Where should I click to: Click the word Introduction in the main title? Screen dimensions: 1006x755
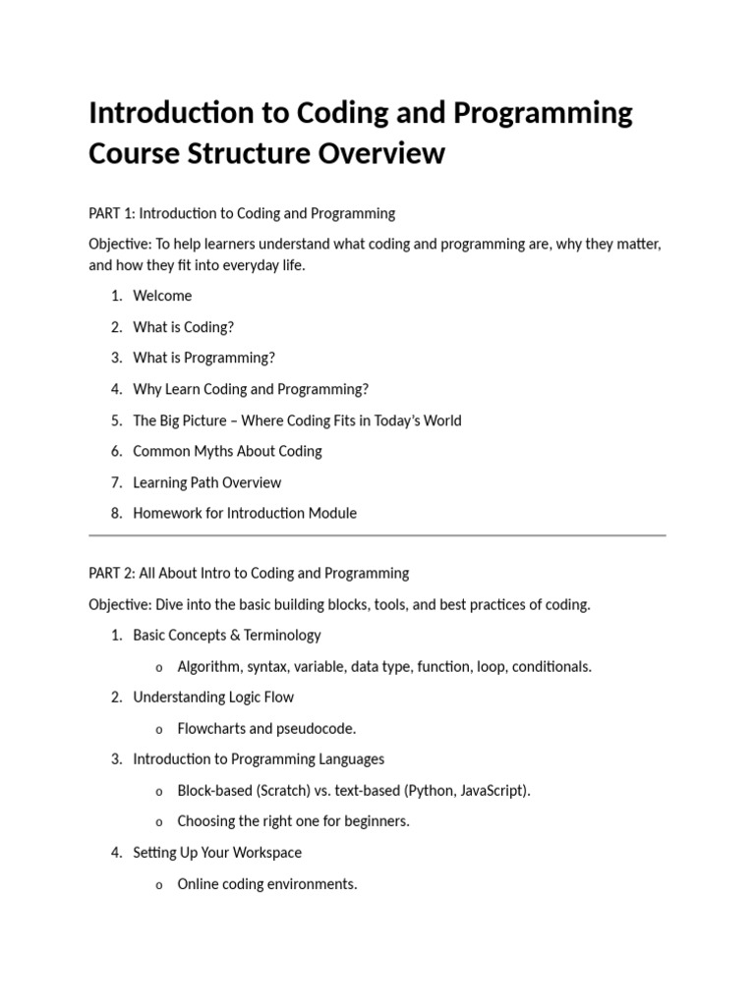(170, 113)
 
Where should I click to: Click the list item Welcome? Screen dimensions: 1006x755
(162, 296)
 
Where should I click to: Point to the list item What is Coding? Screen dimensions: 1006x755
(184, 327)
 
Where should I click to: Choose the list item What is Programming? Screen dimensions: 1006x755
(204, 358)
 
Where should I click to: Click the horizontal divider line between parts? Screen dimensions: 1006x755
(377, 535)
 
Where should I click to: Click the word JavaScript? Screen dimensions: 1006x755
(493, 790)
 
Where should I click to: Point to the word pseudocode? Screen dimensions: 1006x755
(317, 728)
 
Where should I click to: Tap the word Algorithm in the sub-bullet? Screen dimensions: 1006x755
(208, 666)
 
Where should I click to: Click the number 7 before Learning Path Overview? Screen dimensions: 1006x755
(115, 482)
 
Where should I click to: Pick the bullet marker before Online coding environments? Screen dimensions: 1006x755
(158, 885)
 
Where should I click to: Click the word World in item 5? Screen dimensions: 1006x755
(439, 420)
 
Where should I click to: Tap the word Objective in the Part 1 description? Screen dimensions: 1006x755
(118, 244)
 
